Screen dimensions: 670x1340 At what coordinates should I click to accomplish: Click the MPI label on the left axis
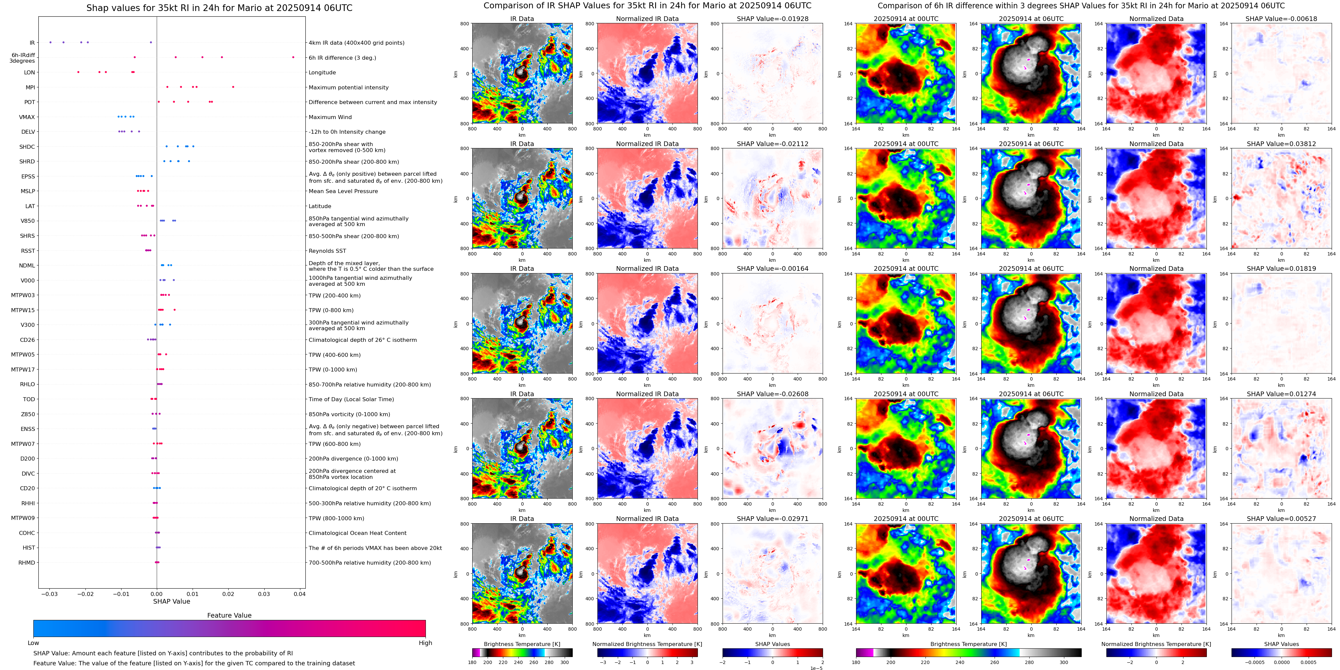(x=30, y=87)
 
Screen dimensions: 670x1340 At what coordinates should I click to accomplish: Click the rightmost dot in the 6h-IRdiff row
(x=293, y=57)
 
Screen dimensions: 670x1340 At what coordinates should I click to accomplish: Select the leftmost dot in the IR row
(x=50, y=42)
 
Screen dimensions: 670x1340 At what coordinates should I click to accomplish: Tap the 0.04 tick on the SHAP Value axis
(x=299, y=594)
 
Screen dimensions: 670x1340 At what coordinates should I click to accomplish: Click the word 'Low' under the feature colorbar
(x=33, y=643)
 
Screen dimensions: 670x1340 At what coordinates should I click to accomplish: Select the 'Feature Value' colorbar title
(x=229, y=615)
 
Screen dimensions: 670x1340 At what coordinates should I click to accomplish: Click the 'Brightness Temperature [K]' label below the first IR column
(x=522, y=644)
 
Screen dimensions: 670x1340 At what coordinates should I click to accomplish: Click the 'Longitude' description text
(x=322, y=73)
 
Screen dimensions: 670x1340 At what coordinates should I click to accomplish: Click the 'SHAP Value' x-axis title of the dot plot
(x=171, y=601)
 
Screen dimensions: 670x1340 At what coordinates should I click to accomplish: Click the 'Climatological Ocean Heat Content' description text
(x=357, y=533)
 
